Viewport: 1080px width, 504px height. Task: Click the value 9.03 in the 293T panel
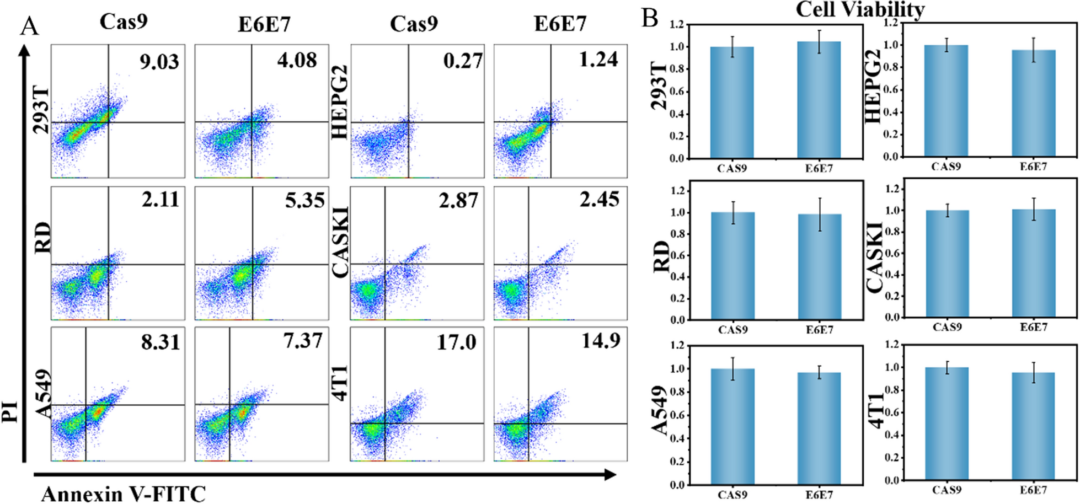pos(159,62)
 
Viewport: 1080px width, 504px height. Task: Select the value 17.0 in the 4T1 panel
pos(456,342)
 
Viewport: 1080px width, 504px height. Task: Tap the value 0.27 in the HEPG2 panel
pos(462,61)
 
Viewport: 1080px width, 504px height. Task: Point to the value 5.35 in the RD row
pos(304,200)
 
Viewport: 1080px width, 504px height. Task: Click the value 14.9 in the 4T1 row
pos(601,341)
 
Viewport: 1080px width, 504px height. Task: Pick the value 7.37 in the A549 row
pos(303,341)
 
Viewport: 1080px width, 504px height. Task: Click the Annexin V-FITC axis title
pos(123,494)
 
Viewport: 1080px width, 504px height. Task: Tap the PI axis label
pos(10,411)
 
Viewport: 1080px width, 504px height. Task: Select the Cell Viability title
pos(859,9)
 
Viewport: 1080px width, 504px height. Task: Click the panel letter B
pos(650,18)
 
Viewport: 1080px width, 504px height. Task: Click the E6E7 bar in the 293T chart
pos(819,99)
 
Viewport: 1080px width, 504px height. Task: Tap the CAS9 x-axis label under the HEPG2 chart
pos(946,167)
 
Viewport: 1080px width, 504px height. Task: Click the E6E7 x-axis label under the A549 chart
pos(819,495)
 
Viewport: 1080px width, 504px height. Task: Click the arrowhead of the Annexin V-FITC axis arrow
pos(610,475)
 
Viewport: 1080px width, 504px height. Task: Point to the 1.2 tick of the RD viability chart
pos(676,191)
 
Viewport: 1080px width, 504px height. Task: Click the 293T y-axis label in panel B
pos(660,86)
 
